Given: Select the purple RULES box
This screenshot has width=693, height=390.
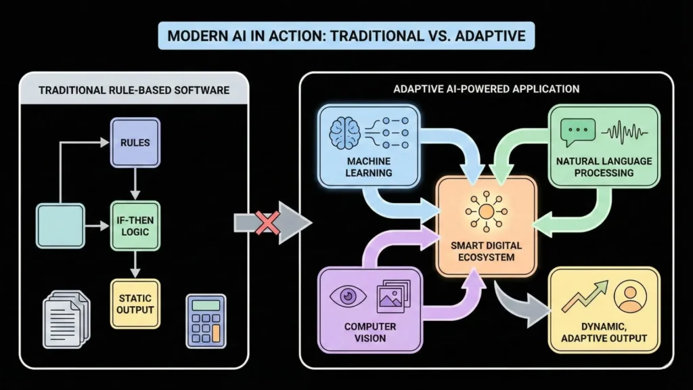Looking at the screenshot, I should [x=135, y=143].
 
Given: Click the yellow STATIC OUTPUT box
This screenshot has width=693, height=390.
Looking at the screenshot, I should [x=135, y=303].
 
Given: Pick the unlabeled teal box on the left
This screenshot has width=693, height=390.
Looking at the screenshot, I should [x=60, y=225].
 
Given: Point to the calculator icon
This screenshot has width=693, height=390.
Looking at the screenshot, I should [x=206, y=320].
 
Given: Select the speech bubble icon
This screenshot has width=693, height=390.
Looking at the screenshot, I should [x=578, y=130].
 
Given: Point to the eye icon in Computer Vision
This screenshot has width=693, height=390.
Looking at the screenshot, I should [x=347, y=296].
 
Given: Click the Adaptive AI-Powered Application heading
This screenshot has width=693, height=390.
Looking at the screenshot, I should [x=486, y=89].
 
